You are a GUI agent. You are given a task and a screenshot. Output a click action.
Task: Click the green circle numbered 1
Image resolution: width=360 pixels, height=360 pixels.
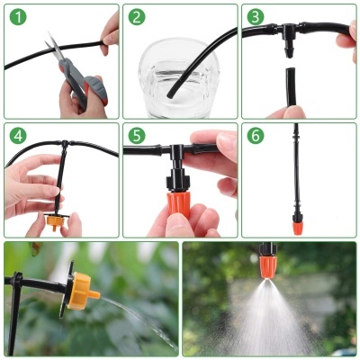coord(17,17)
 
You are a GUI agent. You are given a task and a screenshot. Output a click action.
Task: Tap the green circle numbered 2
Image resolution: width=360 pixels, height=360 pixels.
coord(136,17)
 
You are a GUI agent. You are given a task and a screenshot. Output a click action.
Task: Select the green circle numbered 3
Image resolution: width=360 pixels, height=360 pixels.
coord(255,17)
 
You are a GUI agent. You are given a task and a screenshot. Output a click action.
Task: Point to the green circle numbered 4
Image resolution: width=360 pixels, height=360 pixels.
coord(17,136)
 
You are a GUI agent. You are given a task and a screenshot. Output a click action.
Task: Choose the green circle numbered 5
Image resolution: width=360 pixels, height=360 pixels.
coord(136,136)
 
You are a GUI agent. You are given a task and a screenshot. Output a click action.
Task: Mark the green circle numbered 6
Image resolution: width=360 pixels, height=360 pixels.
coord(255,136)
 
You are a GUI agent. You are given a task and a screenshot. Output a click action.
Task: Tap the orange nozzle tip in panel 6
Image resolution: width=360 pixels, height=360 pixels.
coord(295,220)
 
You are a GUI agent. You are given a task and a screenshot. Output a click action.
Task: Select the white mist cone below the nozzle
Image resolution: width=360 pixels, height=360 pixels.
coord(268,315)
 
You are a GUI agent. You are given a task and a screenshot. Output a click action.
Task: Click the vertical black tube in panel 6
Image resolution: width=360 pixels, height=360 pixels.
coord(295,171)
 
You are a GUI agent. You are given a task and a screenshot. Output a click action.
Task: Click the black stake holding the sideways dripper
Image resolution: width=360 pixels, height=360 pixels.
coord(16,310)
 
